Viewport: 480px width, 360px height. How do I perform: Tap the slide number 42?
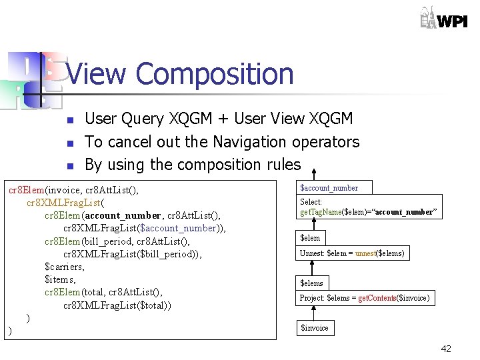[x=445, y=349]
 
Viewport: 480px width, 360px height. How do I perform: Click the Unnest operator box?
[x=351, y=253]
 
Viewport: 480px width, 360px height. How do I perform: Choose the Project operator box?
[x=364, y=298]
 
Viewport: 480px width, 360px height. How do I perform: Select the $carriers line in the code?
[x=64, y=267]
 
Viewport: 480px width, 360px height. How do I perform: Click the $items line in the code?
[x=59, y=279]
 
